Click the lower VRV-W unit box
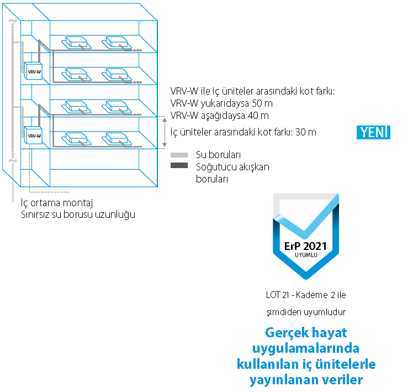(x=34, y=134)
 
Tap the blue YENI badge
(x=374, y=133)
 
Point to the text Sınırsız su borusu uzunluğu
(x=77, y=214)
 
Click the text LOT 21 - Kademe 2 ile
(x=305, y=294)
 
